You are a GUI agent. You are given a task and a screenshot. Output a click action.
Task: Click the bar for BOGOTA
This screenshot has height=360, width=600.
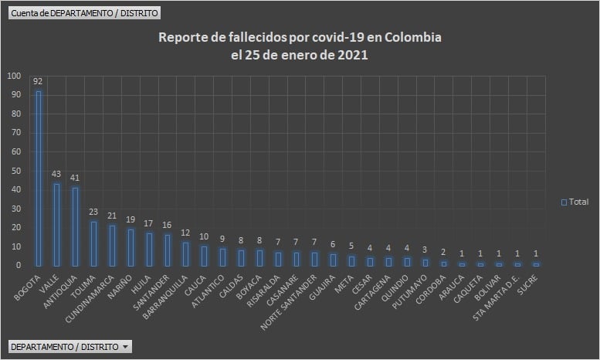click(39, 178)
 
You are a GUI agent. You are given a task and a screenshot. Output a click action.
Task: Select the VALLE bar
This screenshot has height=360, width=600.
click(56, 224)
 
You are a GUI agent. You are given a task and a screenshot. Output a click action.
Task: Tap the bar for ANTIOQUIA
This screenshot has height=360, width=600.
click(75, 226)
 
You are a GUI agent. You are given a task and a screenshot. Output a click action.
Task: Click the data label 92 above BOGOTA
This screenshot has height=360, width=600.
click(38, 82)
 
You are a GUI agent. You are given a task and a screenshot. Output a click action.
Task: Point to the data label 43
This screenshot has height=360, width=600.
click(56, 175)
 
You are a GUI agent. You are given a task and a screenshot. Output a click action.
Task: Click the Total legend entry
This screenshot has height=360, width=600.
click(575, 202)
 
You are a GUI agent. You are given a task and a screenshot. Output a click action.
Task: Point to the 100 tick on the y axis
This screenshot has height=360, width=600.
click(15, 76)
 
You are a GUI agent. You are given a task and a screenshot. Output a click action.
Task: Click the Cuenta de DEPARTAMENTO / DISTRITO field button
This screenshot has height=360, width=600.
click(84, 13)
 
